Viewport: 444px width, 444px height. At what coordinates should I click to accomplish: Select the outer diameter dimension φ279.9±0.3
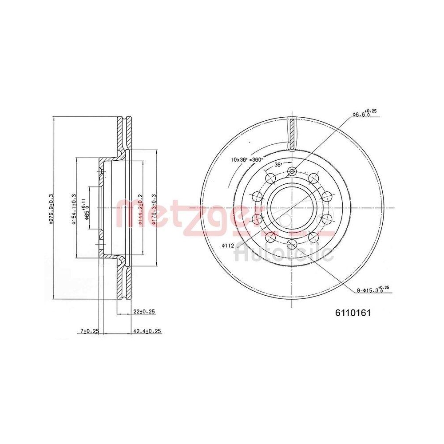click(52, 209)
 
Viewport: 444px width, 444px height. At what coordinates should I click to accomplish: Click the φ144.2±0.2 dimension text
click(140, 209)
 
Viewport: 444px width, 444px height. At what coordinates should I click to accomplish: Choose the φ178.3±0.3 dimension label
click(154, 209)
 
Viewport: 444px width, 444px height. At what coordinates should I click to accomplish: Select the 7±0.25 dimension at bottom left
click(89, 331)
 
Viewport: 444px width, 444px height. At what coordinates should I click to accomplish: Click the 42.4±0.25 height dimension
click(147, 331)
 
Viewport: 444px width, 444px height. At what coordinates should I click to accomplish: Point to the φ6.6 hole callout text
click(364, 114)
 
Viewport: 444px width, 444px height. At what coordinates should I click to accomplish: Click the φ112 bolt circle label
click(229, 246)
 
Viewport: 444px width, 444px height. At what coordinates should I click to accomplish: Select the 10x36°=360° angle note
click(247, 159)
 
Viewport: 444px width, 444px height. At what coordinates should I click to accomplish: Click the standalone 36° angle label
click(278, 164)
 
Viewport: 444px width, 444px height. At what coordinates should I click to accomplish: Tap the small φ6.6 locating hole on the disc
click(292, 171)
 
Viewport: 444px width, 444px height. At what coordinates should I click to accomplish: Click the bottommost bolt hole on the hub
click(292, 243)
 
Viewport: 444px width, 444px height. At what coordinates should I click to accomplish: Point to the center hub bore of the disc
click(292, 207)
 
